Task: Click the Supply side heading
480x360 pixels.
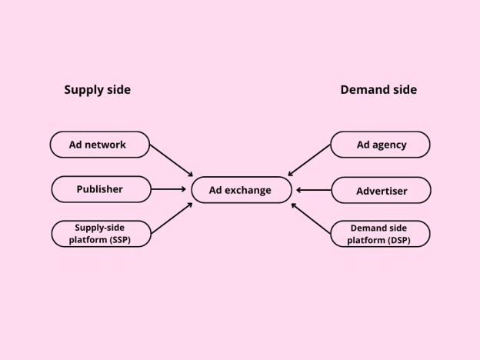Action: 97,90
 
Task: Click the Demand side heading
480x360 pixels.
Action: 378,90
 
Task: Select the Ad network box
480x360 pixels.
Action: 99,145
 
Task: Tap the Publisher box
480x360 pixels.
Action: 99,189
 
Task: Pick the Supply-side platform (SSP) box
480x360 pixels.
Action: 99,233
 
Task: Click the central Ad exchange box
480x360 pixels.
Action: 242,189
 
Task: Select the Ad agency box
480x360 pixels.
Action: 380,145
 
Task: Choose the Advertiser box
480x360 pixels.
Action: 380,190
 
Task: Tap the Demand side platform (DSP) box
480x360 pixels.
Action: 380,233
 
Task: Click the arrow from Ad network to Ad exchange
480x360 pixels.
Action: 171,159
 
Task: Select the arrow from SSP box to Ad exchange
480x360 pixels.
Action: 171,218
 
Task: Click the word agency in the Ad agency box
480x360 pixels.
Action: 390,145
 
